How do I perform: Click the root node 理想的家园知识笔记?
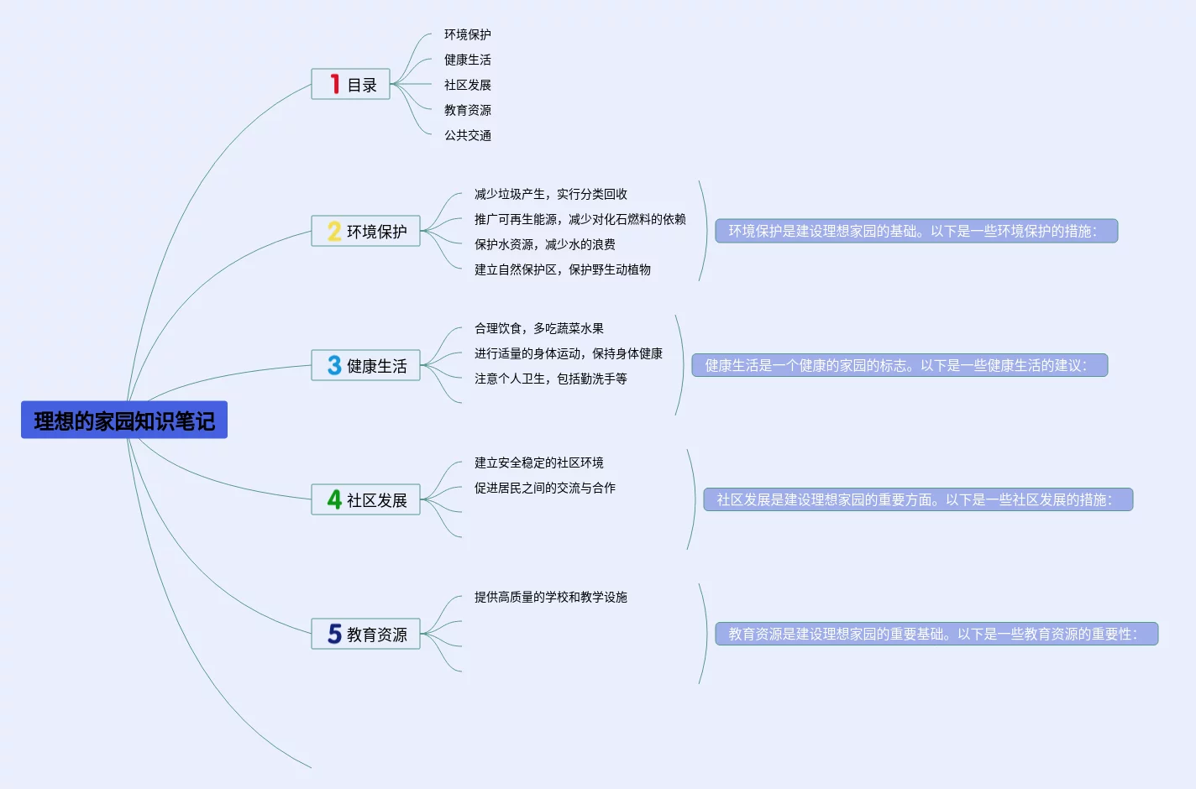coord(124,420)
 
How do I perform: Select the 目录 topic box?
coord(351,84)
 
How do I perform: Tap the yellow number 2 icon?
coord(334,231)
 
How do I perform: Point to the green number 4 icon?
coord(334,499)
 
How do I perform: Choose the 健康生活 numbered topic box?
coord(366,365)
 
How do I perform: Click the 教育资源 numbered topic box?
coord(366,634)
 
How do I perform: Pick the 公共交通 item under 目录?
coord(468,135)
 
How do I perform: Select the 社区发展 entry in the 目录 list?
coord(468,85)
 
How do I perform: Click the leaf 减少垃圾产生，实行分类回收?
coord(550,194)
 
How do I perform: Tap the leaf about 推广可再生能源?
coord(580,219)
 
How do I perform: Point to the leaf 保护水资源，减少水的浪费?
coord(544,244)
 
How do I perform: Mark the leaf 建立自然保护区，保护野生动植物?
coord(562,269)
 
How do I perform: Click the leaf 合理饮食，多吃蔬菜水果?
coord(538,328)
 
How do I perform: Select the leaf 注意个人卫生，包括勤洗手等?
coord(550,379)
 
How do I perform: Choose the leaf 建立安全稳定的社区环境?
coord(538,462)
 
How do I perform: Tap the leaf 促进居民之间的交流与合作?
coord(544,488)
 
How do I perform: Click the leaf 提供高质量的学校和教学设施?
coord(550,597)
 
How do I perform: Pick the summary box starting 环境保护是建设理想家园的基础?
coord(916,231)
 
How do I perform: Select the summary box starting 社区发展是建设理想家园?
coord(918,499)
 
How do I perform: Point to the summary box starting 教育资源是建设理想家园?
coord(936,634)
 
